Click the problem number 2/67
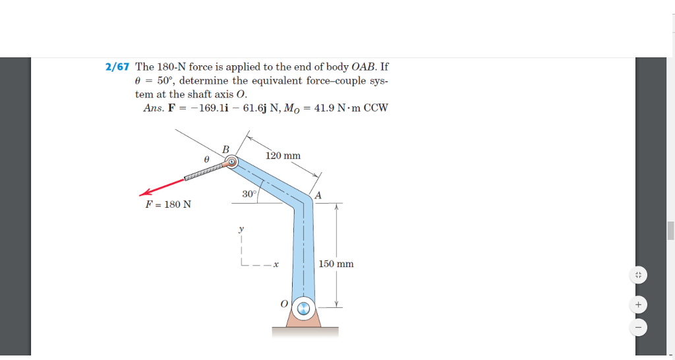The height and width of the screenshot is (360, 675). point(118,67)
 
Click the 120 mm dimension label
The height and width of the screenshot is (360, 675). point(283,156)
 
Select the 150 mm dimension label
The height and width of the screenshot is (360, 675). point(336,264)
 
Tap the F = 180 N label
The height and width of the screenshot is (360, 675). point(168,204)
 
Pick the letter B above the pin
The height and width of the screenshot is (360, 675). point(225,150)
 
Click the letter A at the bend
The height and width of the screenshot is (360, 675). point(318,195)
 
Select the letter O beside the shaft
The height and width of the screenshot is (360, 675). point(283,304)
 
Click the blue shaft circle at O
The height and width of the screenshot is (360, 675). point(303,307)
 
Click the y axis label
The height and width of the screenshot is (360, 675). point(241,229)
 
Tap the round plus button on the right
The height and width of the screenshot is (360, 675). point(637,305)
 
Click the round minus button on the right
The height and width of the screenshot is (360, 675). point(637,326)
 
